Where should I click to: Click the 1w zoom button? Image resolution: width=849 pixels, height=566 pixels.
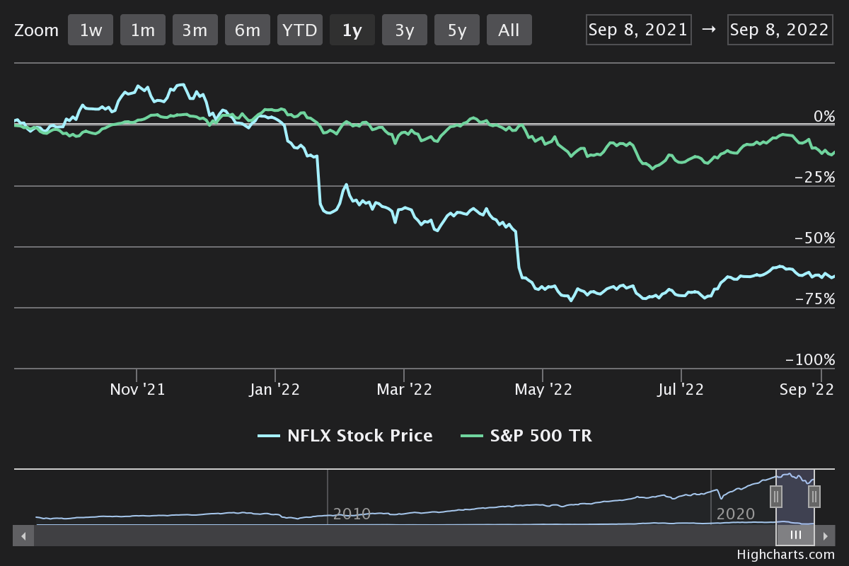coord(91,30)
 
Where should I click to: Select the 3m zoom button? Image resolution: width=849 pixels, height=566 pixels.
coord(195,30)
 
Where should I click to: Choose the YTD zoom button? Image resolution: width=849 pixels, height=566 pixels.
coord(300,30)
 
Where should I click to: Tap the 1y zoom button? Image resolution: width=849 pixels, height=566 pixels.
coord(352,30)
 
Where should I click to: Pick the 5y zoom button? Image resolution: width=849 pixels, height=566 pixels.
coord(456,30)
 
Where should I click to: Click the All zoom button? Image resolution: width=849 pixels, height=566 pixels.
coord(509,30)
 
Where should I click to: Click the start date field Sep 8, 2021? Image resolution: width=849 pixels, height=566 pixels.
coord(638,30)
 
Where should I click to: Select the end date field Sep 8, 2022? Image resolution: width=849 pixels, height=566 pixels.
coord(779,30)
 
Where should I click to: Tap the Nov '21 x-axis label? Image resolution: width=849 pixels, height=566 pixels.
coord(137,389)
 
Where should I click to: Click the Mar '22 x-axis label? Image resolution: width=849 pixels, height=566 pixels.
coord(404,389)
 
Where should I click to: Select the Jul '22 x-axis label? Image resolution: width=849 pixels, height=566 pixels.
coord(681,389)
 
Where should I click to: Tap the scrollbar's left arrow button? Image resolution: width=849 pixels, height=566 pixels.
coord(23,536)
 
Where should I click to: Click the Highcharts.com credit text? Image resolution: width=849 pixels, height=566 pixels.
coord(785,555)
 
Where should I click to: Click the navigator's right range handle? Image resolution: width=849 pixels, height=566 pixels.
coord(814,497)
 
